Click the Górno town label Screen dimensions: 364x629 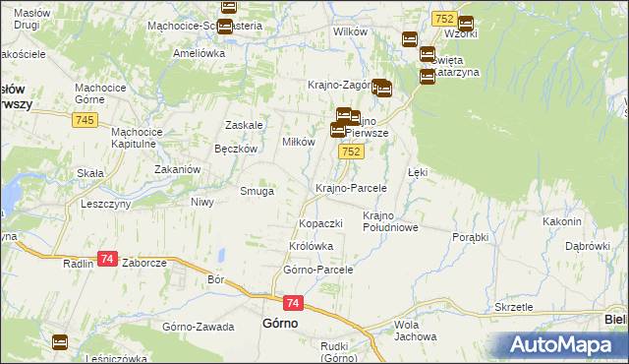click(280, 323)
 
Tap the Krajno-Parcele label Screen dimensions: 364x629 click(351, 187)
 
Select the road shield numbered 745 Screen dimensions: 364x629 click(84, 120)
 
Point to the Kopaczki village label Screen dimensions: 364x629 click(320, 223)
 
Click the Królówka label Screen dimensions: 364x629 click(312, 246)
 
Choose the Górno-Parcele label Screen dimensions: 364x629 click(317, 269)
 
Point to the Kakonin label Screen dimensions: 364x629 click(562, 221)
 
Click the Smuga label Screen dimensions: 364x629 click(257, 192)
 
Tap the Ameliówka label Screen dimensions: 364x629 click(199, 54)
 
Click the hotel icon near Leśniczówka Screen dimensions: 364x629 click(60, 341)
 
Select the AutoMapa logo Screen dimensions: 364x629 click(563, 345)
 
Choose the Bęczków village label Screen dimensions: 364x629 click(236, 149)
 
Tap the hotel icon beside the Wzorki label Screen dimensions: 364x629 click(465, 24)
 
